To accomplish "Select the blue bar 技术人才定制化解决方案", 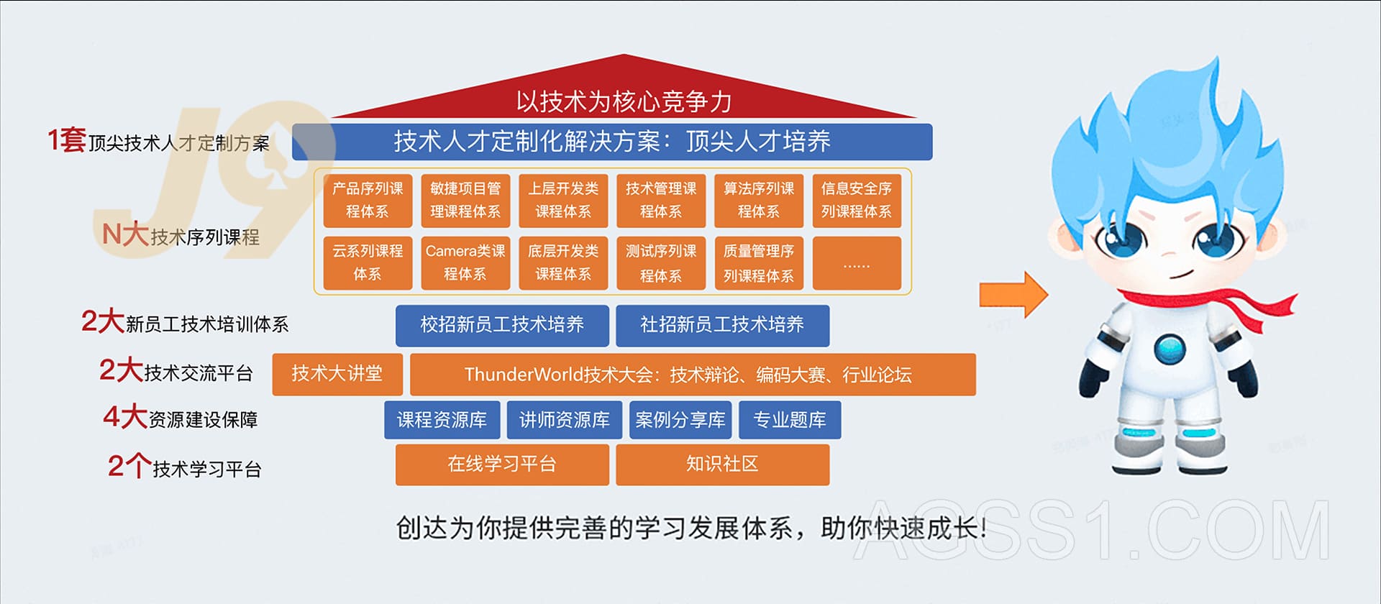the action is tap(612, 142).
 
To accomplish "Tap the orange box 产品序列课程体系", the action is tap(368, 201).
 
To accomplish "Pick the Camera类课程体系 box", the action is tap(465, 263).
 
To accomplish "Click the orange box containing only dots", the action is tap(857, 263).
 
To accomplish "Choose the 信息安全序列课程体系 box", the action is tap(857, 201).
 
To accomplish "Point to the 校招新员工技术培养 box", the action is tap(502, 326).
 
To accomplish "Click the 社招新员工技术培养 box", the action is tap(722, 326).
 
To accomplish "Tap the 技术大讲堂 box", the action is tap(337, 374).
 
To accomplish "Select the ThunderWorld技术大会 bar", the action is tap(693, 374).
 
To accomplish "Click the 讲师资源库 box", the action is tap(564, 420).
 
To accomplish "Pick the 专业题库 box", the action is tap(789, 420).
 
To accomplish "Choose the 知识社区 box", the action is tap(722, 465).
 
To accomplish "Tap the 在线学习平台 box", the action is tap(502, 465).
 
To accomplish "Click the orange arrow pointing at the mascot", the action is tap(1013, 294).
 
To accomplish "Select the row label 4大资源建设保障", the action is tap(181, 418).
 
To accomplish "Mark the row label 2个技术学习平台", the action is tap(184, 467).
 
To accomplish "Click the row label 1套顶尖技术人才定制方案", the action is tap(159, 141).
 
